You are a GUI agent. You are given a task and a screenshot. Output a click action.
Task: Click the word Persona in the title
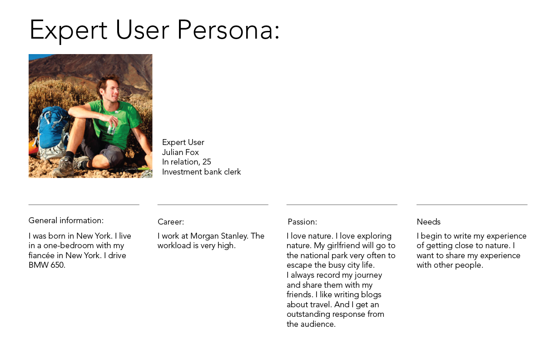tap(228, 30)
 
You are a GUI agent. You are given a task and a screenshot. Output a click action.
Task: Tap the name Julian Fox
tap(180, 152)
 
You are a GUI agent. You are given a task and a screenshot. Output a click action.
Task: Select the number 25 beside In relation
tap(207, 162)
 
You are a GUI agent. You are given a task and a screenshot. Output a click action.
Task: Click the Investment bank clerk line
tap(201, 172)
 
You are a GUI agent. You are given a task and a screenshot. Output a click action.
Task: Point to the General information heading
tap(66, 220)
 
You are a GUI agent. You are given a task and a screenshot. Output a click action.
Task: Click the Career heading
tap(171, 222)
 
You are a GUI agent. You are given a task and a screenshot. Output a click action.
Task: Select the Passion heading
tap(303, 222)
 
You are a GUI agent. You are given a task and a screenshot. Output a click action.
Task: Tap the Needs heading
tap(429, 222)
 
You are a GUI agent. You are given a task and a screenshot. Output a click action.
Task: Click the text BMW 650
tap(47, 265)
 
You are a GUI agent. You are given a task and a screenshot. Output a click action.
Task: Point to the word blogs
tap(371, 295)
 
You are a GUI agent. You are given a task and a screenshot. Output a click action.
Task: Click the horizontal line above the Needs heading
tap(472, 205)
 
